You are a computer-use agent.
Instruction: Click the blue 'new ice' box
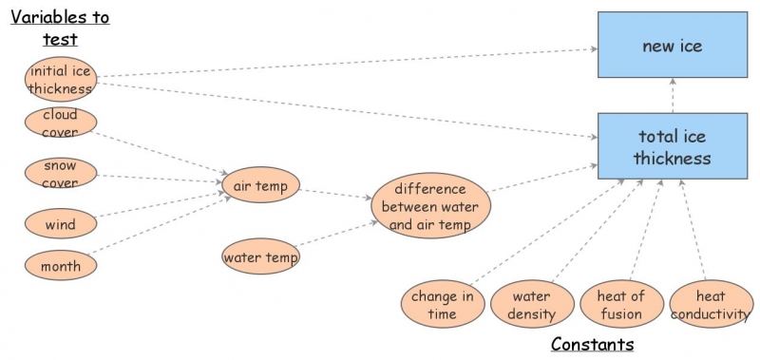pyautogui.click(x=672, y=46)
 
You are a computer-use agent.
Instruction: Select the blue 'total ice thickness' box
pyautogui.click(x=672, y=146)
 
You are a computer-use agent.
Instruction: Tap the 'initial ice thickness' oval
pyautogui.click(x=61, y=80)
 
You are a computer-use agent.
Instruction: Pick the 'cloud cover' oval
pyautogui.click(x=60, y=123)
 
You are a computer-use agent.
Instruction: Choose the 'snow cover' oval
pyautogui.click(x=60, y=174)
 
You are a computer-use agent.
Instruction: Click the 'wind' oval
pyautogui.click(x=60, y=225)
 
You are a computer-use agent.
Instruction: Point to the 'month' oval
pyautogui.click(x=60, y=265)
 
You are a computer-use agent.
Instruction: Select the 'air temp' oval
pyautogui.click(x=259, y=185)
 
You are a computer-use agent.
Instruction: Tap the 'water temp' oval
pyautogui.click(x=260, y=256)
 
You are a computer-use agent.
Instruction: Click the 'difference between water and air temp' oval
pyautogui.click(x=429, y=205)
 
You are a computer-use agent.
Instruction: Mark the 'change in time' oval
pyautogui.click(x=442, y=304)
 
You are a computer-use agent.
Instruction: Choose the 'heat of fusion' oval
pyautogui.click(x=620, y=304)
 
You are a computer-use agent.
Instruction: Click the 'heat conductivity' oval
pyautogui.click(x=710, y=304)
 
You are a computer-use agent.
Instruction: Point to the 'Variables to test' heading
pyautogui.click(x=60, y=28)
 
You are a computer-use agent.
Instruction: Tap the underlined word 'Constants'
pyautogui.click(x=592, y=344)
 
